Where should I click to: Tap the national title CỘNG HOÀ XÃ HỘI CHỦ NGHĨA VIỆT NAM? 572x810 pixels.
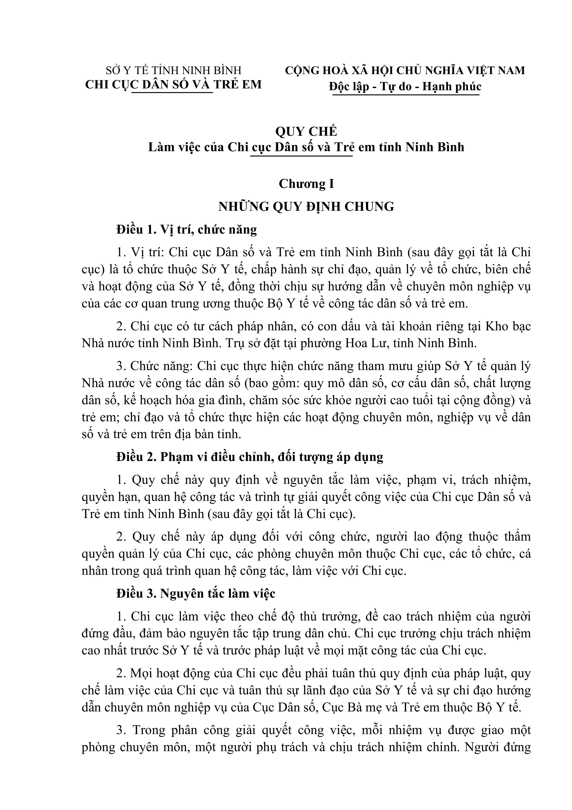[x=405, y=70]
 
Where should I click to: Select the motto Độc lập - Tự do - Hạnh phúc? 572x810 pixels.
[x=405, y=86]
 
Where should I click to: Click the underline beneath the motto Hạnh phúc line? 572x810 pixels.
[x=406, y=95]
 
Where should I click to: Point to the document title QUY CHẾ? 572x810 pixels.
[x=306, y=131]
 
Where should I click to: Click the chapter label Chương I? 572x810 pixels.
[x=306, y=184]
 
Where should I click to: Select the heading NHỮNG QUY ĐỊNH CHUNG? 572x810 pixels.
[x=306, y=206]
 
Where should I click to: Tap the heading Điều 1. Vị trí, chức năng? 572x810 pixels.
[x=187, y=230]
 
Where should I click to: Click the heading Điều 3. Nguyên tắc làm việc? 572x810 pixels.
[x=196, y=594]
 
